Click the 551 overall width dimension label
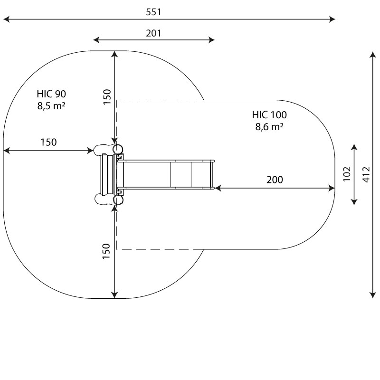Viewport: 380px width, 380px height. tap(153, 12)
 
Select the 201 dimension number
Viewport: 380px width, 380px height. tap(153, 33)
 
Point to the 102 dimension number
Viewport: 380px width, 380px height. tap(347, 174)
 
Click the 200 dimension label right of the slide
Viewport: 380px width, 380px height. tap(275, 180)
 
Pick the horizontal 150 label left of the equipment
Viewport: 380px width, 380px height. tap(48, 142)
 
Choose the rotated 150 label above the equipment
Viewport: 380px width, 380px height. tap(107, 96)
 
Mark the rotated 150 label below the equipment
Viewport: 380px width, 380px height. tap(107, 251)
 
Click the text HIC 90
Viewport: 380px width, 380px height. tap(51, 93)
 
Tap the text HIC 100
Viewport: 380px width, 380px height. tap(269, 114)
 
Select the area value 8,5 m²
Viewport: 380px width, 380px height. tap(51, 105)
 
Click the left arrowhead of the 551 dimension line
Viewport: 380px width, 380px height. tap(5, 19)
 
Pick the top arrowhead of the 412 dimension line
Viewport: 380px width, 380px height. tap(373, 53)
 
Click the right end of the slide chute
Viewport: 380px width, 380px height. tap(213, 174)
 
